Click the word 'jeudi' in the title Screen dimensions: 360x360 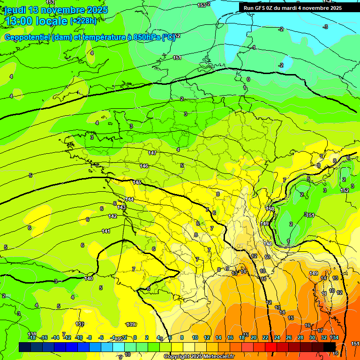click(x=15, y=10)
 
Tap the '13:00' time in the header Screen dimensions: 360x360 click(x=19, y=21)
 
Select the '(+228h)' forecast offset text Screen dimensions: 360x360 click(x=83, y=21)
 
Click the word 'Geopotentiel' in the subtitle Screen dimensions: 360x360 click(x=28, y=37)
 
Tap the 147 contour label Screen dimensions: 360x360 click(x=152, y=153)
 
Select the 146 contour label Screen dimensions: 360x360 click(x=144, y=166)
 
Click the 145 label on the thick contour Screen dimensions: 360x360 click(x=137, y=182)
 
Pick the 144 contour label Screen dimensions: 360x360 click(x=129, y=200)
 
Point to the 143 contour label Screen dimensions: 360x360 click(x=121, y=207)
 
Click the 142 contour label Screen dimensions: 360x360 click(x=112, y=216)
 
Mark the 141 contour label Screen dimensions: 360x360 click(x=106, y=231)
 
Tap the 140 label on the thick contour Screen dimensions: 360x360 click(x=89, y=279)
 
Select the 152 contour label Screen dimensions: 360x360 click(x=345, y=191)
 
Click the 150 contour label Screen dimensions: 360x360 click(x=270, y=209)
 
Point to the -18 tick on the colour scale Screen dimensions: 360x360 click(x=31, y=337)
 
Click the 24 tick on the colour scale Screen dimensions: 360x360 click(x=277, y=337)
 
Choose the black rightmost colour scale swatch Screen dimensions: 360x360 click(x=330, y=346)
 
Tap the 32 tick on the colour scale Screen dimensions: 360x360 click(x=324, y=337)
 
